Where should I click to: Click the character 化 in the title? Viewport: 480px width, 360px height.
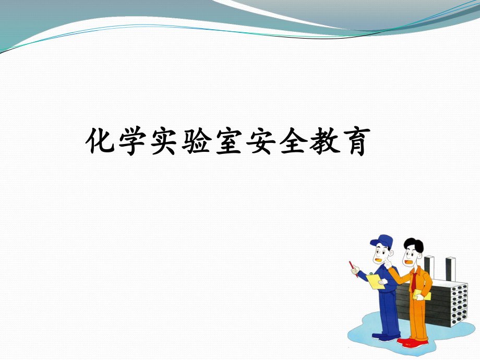[x=100, y=140]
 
